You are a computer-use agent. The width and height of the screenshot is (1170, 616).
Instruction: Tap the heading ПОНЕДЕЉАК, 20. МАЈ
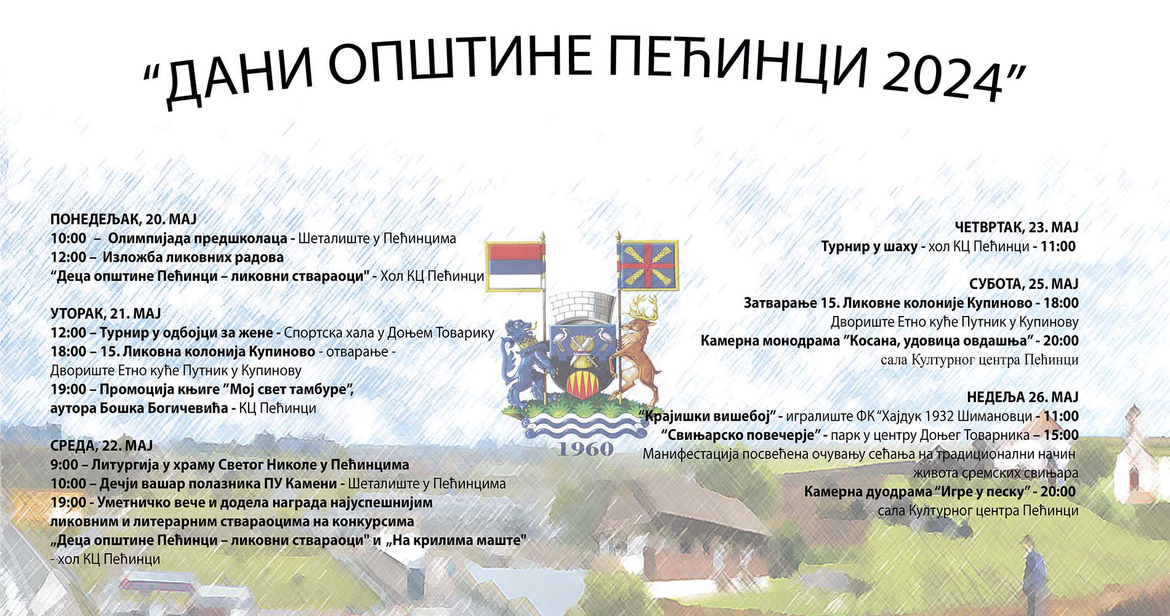123,219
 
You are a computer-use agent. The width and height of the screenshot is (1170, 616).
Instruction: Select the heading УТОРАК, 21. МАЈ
105,314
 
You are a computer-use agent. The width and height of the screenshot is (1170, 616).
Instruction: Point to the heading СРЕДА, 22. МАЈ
102,445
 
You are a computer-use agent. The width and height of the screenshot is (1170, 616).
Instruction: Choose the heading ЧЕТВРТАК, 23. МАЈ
1017,227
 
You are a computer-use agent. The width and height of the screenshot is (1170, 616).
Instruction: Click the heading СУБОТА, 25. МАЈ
1024,284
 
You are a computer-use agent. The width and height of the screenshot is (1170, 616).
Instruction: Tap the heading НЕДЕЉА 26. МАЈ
1023,397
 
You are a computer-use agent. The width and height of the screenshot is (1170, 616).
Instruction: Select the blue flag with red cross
648,265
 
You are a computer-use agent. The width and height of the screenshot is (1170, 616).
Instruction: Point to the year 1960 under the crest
585,448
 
